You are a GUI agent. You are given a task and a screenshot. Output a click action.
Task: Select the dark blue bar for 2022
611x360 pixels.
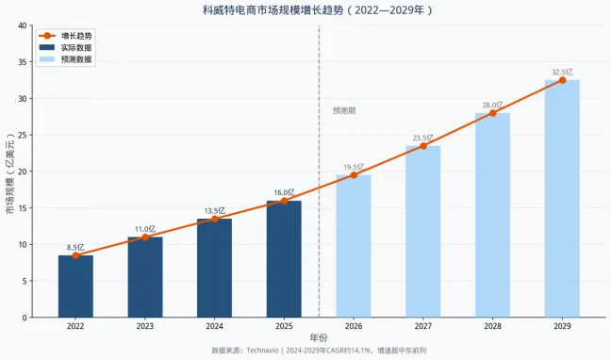coord(75,286)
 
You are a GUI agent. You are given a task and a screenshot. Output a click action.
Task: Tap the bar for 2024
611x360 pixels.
coord(214,268)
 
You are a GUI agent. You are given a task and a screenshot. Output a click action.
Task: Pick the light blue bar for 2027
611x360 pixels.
coord(422,231)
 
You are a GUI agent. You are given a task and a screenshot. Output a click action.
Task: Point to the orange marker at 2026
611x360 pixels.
coord(354,175)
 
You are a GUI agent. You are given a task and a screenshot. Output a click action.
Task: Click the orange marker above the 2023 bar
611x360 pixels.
coord(144,237)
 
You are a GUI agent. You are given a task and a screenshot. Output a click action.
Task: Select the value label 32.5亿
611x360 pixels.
coord(562,72)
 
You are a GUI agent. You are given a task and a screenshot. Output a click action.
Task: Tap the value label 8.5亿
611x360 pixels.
coord(75,247)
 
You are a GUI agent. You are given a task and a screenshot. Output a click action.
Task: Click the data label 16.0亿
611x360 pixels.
coord(284,192)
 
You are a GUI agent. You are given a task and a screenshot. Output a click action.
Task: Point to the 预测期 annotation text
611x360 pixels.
coord(344,110)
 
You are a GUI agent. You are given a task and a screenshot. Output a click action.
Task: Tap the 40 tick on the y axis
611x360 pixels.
coord(21,25)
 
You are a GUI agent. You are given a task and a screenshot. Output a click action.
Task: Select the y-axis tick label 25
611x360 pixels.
coord(21,135)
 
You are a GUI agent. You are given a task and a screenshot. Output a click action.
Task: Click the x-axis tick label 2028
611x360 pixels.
coord(492,326)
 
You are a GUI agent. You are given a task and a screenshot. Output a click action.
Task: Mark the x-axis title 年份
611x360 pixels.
coord(319,337)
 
